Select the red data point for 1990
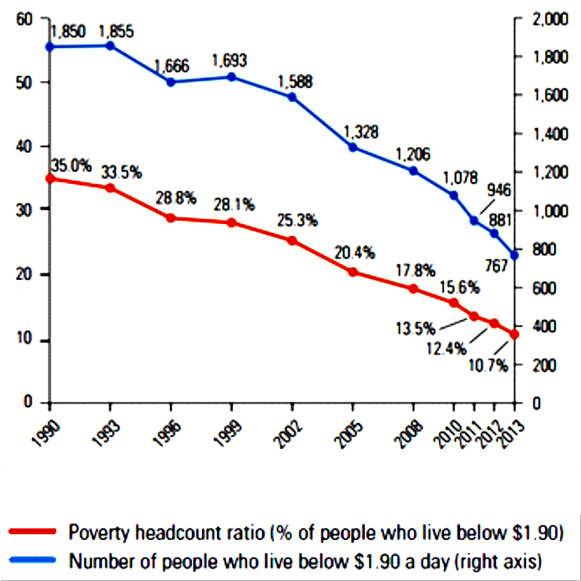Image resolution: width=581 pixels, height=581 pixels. tap(50, 178)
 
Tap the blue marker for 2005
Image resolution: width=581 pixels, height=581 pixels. tap(353, 147)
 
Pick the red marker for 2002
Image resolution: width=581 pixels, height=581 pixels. tap(292, 241)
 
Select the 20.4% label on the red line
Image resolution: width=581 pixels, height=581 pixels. tap(355, 252)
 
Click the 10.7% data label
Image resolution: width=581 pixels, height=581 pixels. tap(489, 366)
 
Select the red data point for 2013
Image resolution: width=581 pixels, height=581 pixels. tap(514, 334)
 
